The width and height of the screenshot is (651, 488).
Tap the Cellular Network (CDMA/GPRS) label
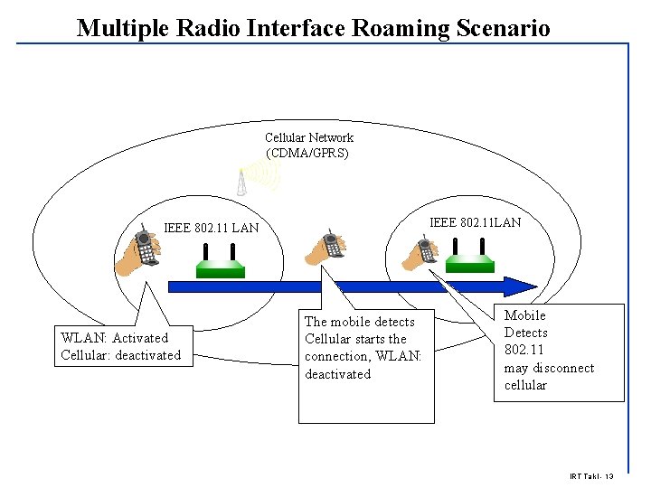[x=308, y=145]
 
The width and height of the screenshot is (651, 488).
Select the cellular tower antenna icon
[x=242, y=182]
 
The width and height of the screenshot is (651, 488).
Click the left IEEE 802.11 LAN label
[x=211, y=228]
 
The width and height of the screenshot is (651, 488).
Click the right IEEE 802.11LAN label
[x=475, y=222]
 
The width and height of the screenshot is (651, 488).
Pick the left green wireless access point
[x=221, y=265]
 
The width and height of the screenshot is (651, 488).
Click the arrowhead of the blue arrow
[x=521, y=286]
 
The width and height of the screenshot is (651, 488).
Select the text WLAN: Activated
[x=114, y=338]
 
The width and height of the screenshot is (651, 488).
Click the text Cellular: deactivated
[x=120, y=355]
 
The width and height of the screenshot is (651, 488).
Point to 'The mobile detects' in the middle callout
[x=359, y=322]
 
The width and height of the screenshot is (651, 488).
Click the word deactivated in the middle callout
[x=337, y=374]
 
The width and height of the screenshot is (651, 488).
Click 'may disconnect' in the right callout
[x=549, y=368]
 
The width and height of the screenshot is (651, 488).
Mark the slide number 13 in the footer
[x=609, y=476]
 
